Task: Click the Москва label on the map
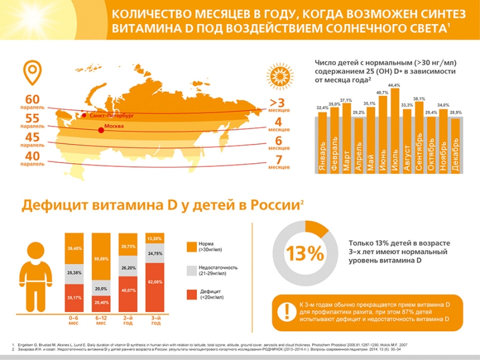pos(116,127)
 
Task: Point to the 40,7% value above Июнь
pos(382,92)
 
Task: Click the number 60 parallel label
pos(32,99)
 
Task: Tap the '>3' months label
pos(277,103)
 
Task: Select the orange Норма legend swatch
pos(191,246)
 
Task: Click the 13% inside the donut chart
pos(305,254)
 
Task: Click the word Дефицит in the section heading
pos(56,206)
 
